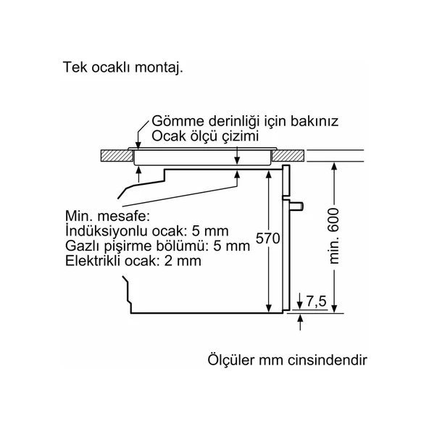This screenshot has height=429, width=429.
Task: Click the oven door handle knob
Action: [297, 207]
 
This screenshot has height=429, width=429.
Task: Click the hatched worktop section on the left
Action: [114, 154]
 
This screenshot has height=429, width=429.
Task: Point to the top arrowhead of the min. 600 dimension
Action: [334, 164]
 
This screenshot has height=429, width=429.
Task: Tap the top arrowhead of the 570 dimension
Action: [269, 176]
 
